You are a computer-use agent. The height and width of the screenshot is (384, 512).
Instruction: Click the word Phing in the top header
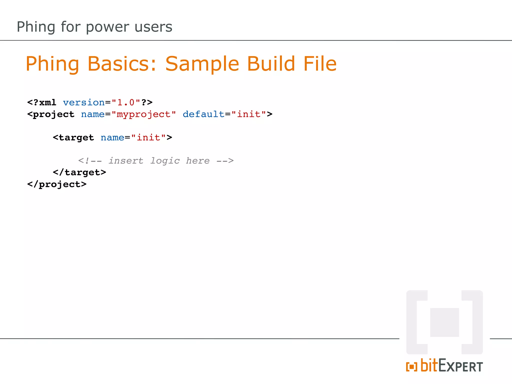coord(36,27)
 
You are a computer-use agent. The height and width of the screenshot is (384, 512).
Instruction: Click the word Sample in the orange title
coord(202,64)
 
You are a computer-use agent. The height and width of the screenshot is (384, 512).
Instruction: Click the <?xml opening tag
coord(42,102)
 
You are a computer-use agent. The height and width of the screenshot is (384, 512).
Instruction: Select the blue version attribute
coord(84,102)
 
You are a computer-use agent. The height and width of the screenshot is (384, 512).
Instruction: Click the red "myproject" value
coord(144,114)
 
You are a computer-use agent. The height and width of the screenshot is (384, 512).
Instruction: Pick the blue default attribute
coord(203,114)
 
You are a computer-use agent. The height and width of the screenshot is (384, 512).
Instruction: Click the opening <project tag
coord(51,114)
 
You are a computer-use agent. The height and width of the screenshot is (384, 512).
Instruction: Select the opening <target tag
coord(73,137)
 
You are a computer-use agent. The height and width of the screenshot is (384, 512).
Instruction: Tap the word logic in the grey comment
coord(165,161)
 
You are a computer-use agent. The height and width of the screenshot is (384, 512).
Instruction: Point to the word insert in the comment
coord(126,160)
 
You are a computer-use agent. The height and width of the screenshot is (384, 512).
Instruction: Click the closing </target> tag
coord(79,172)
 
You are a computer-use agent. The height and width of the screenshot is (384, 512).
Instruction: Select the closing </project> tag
coord(57,184)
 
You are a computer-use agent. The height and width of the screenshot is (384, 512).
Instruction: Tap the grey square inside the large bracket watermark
coord(444,322)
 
